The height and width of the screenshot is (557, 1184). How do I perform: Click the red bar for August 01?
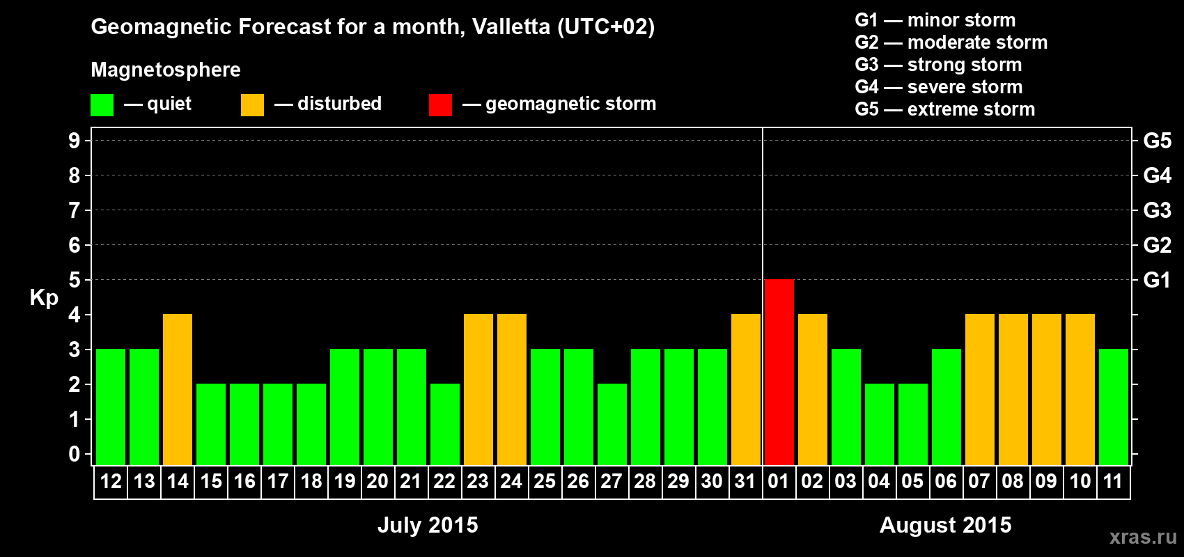click(x=779, y=372)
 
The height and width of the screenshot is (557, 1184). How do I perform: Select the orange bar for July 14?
click(x=178, y=389)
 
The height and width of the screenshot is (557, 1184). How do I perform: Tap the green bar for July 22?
click(x=445, y=424)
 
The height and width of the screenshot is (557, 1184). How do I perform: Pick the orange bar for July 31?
click(x=746, y=389)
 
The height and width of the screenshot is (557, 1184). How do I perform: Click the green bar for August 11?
click(x=1114, y=407)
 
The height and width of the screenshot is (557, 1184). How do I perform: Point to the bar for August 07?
click(x=980, y=389)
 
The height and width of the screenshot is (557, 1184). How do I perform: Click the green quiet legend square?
click(x=102, y=105)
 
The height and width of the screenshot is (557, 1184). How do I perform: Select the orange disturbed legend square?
click(x=252, y=105)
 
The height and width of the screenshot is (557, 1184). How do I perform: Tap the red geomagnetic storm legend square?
click(x=440, y=105)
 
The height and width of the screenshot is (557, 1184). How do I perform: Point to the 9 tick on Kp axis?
click(x=75, y=141)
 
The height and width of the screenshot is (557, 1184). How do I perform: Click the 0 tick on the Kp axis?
click(x=75, y=454)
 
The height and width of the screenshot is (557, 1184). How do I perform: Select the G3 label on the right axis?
click(x=1157, y=210)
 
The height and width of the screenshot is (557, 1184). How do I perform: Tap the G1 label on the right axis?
click(x=1157, y=280)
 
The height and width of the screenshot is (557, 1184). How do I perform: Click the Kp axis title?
click(x=44, y=297)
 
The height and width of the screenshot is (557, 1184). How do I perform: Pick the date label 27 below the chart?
click(x=611, y=481)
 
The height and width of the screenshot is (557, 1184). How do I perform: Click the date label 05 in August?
click(x=912, y=481)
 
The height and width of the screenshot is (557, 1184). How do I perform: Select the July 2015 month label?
click(x=428, y=524)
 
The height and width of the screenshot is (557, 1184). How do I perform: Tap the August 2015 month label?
click(x=945, y=524)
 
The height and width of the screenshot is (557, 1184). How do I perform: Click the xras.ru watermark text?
click(x=1143, y=536)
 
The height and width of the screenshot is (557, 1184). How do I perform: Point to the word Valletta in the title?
click(x=511, y=26)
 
